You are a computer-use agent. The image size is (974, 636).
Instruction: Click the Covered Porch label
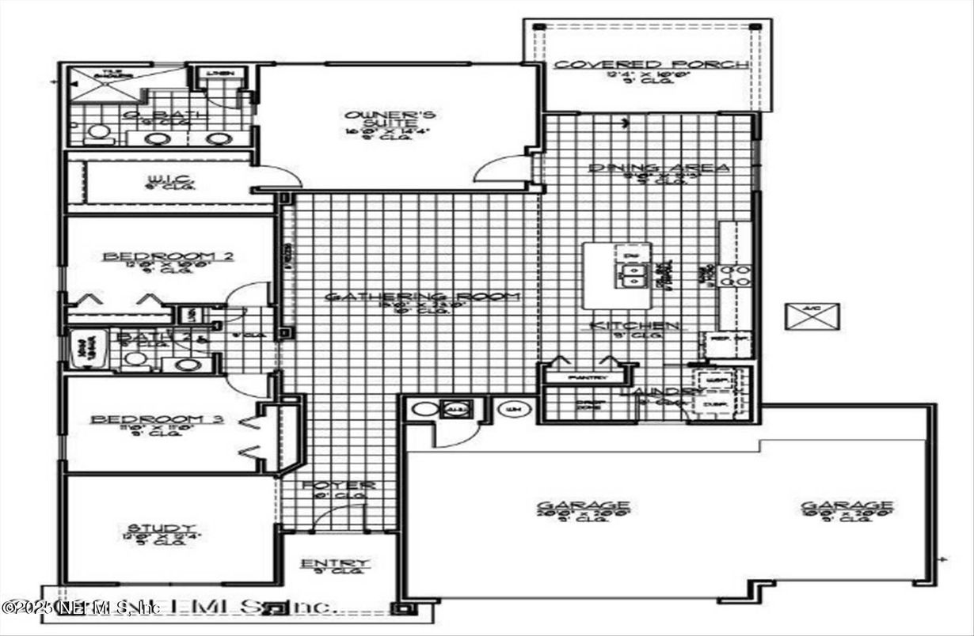(649, 64)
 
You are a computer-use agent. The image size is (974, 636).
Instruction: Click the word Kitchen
(631, 326)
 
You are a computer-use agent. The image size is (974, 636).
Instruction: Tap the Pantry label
(588, 378)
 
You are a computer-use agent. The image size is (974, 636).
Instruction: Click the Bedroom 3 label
(156, 419)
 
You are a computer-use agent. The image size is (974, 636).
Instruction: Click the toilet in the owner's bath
(98, 132)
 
